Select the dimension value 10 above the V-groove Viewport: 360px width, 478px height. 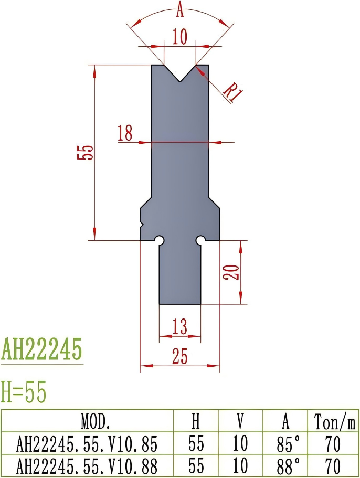(179, 37)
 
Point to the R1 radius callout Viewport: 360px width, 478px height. (232, 92)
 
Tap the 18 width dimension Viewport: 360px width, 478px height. (125, 133)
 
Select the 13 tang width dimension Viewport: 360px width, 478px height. (179, 327)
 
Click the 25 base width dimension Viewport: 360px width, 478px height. (179, 357)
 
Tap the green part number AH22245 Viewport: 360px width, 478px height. (42, 349)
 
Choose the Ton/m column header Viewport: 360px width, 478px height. (333, 421)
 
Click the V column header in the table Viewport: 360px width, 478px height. (240, 421)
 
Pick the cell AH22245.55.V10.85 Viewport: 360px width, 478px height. (87, 444)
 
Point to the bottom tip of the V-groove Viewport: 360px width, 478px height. (180, 81)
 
